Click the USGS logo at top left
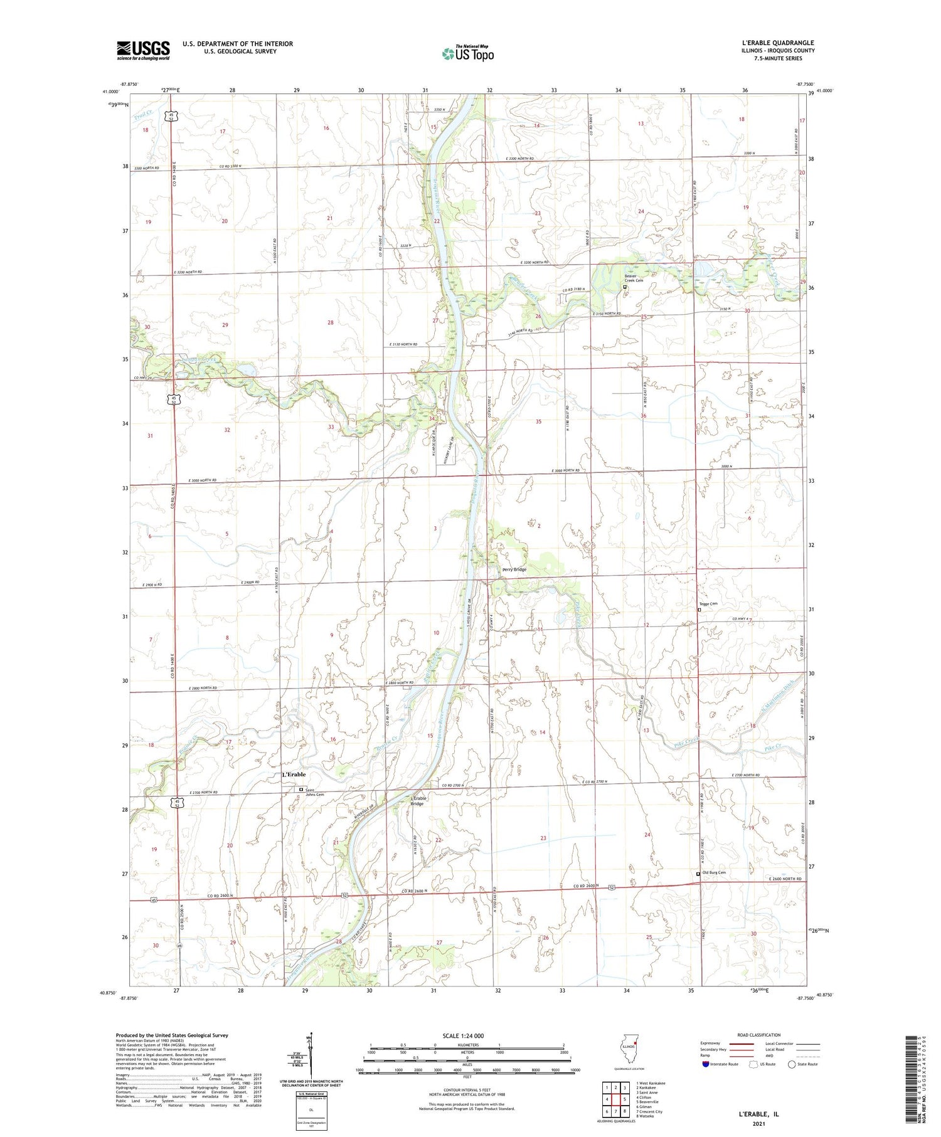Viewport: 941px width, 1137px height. [x=143, y=50]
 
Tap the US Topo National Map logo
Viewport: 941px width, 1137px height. [x=467, y=53]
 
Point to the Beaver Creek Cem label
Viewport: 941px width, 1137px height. [x=634, y=278]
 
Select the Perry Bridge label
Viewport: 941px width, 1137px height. [x=514, y=569]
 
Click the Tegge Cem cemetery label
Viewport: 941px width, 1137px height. [x=708, y=604]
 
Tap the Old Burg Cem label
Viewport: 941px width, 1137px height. [x=714, y=872]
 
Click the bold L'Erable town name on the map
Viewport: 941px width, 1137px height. [x=294, y=775]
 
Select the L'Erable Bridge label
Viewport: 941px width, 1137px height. [x=418, y=800]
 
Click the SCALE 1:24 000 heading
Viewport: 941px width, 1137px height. [x=467, y=1035]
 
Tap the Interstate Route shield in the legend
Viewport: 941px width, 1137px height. [x=706, y=1064]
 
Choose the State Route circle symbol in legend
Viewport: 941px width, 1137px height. [x=792, y=1064]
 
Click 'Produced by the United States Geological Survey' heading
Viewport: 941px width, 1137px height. [x=172, y=1035]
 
